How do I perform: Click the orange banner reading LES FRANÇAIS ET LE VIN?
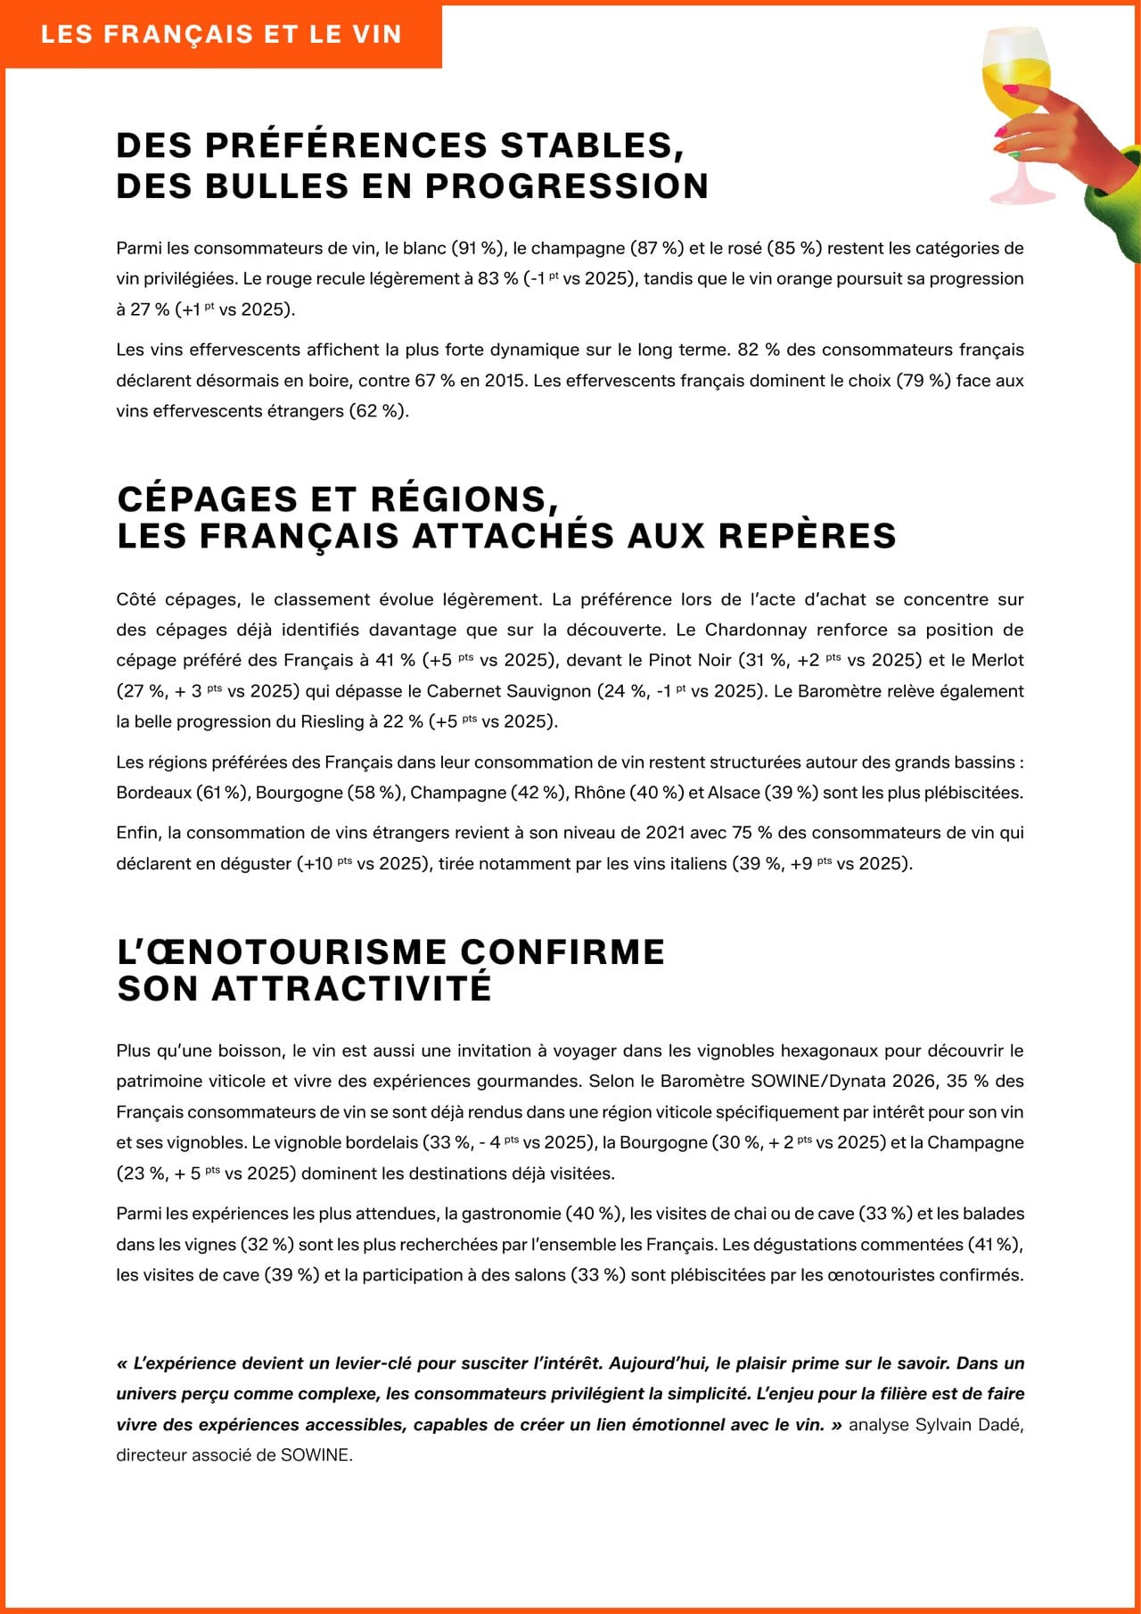[221, 35]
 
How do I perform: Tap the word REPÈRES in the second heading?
[806, 535]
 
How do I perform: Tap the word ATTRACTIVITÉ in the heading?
[351, 989]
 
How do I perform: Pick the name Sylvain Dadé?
[970, 1424]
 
